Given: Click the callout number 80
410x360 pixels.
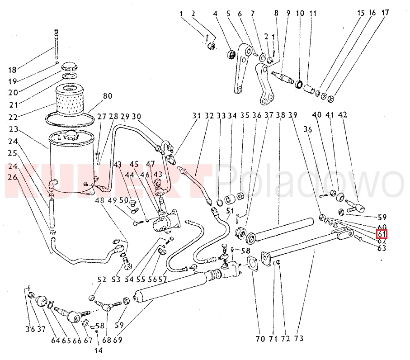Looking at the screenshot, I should (x=107, y=96).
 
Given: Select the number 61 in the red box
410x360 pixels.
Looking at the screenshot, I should (x=382, y=234).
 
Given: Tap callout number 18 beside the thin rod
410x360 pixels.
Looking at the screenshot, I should (x=12, y=70).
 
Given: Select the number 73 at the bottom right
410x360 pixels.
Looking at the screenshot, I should (x=298, y=338).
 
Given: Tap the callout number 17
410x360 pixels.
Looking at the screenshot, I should (x=385, y=13).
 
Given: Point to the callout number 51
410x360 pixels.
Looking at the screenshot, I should (x=230, y=211).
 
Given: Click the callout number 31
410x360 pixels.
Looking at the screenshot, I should (x=195, y=116).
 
